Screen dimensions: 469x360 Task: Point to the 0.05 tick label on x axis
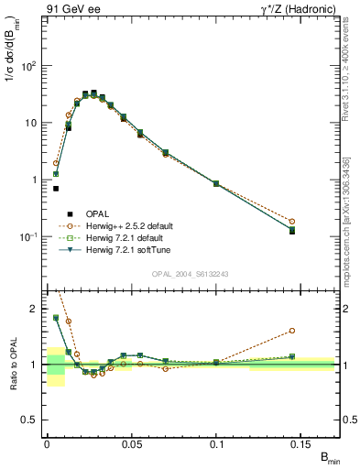click(132, 443)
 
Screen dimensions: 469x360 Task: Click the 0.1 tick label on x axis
click(216, 443)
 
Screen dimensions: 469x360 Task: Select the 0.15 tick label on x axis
click(301, 443)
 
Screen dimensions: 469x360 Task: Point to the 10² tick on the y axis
click(29, 66)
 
